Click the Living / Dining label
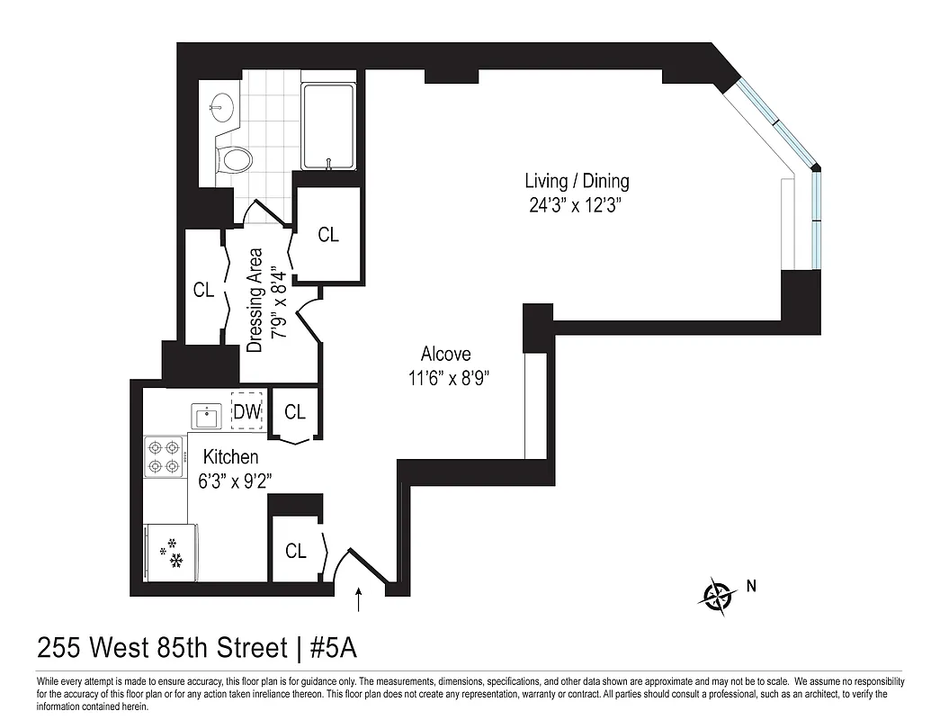point(577,181)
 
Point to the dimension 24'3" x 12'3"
point(577,204)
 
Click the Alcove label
point(445,354)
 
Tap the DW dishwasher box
point(247,411)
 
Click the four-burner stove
point(165,455)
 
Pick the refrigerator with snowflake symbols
point(170,552)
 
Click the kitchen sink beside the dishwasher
point(206,416)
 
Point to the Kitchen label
point(230,457)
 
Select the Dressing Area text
point(255,300)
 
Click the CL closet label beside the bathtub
point(328,235)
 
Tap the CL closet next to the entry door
point(296,551)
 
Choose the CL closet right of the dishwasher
point(295,412)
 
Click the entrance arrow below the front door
point(360,600)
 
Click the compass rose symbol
point(718,594)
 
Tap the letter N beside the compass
point(751,587)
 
